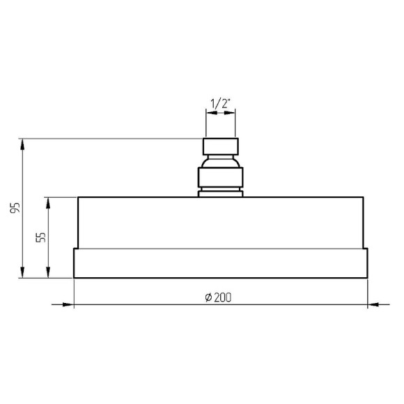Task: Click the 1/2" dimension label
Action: point(220,104)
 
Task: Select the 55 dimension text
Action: point(40,238)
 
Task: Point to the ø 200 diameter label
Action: point(218,297)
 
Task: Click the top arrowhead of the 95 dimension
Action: point(22,144)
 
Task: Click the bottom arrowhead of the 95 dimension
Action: point(22,272)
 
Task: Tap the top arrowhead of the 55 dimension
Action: point(48,203)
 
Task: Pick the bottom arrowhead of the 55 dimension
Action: point(48,272)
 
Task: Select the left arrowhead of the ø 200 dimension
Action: point(68,304)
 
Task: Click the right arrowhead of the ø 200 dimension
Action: point(373,304)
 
